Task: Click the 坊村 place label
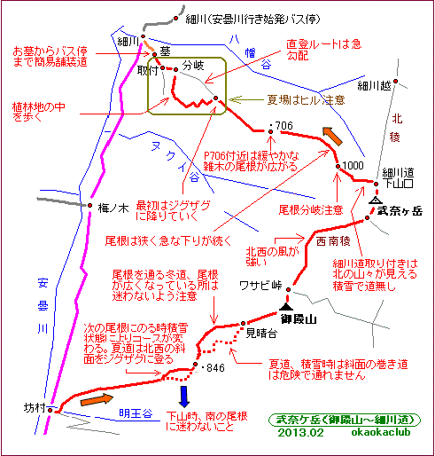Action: click(35, 408)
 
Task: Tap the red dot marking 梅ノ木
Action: click(90, 205)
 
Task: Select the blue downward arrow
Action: click(184, 397)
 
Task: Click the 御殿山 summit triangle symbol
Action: click(286, 307)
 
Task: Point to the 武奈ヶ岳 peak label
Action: click(400, 211)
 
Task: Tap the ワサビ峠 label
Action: click(260, 286)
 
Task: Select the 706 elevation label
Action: click(284, 126)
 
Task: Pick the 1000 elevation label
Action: click(353, 165)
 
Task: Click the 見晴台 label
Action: click(261, 334)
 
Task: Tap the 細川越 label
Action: click(374, 86)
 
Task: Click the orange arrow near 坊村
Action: click(97, 399)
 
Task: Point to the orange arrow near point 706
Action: click(332, 136)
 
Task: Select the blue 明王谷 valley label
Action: click(136, 413)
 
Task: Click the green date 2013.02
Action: click(300, 433)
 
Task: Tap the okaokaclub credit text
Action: click(381, 432)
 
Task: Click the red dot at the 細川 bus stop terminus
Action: click(176, 19)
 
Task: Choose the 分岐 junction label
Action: click(193, 66)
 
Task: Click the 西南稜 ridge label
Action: click(333, 241)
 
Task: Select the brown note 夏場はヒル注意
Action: click(306, 99)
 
